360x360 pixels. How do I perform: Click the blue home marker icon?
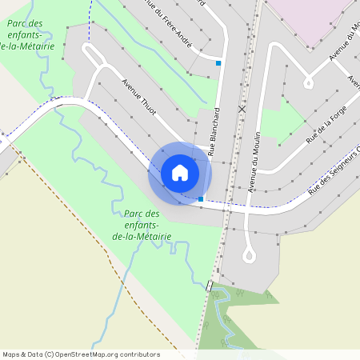point(179,173)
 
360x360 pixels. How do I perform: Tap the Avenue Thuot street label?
point(138,98)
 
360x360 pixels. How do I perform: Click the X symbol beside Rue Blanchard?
point(242,108)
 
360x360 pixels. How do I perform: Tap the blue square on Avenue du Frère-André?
point(218,62)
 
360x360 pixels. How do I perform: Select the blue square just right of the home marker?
point(200,198)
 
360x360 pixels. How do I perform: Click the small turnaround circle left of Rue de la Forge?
point(308,82)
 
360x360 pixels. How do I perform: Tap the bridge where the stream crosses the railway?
point(210,286)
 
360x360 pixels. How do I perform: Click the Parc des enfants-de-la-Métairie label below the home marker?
point(142,225)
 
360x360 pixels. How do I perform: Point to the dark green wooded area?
point(240,320)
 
